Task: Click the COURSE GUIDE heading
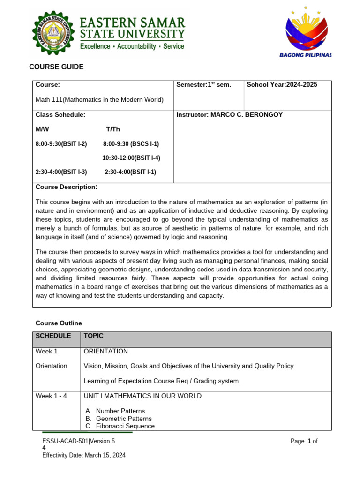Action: (56, 67)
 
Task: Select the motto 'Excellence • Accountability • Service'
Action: (132, 47)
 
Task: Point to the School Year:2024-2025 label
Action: (282, 85)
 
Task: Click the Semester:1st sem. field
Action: (203, 85)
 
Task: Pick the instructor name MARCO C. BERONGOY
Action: (229, 115)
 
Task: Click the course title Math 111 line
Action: (99, 99)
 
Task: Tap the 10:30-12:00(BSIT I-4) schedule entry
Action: (131, 158)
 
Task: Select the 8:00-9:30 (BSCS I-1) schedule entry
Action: (131, 144)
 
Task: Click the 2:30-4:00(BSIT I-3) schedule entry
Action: (61, 172)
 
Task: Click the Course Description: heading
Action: (67, 187)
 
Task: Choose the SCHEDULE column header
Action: (53, 336)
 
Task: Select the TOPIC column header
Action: (93, 336)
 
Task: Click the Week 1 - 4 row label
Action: (52, 396)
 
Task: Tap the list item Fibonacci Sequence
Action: (125, 426)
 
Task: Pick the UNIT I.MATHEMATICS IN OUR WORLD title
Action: (142, 396)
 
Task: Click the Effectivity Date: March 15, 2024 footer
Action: (84, 455)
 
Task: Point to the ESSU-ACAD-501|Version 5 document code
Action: (78, 441)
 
